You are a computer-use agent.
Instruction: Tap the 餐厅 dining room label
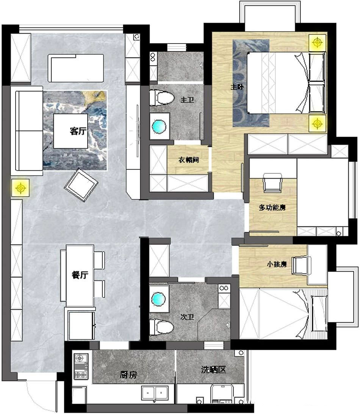(x=80, y=275)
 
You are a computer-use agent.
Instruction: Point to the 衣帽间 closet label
(x=188, y=160)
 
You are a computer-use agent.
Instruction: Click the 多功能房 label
(x=272, y=208)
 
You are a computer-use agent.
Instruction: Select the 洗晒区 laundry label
(x=214, y=370)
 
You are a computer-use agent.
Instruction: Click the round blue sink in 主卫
(x=159, y=126)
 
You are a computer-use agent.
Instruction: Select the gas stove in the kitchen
(x=81, y=366)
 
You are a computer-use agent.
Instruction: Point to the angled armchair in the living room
(x=81, y=185)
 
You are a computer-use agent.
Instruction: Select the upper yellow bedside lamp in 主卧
(x=317, y=42)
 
